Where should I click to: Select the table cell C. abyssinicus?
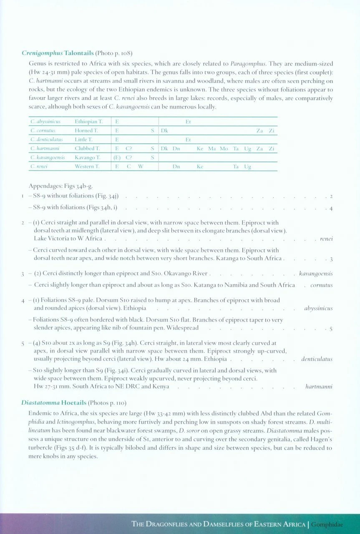click(x=45, y=122)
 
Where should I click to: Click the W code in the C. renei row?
click(x=141, y=167)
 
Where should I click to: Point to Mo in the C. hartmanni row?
click(x=224, y=149)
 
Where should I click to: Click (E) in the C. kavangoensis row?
click(x=117, y=158)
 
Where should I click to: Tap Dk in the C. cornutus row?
click(x=164, y=131)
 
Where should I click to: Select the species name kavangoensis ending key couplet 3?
click(x=316, y=274)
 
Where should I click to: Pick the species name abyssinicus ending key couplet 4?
click(x=318, y=309)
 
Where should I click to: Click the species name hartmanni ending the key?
click(x=319, y=387)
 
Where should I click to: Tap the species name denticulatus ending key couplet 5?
click(x=317, y=359)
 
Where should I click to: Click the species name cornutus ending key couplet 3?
click(x=321, y=285)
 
